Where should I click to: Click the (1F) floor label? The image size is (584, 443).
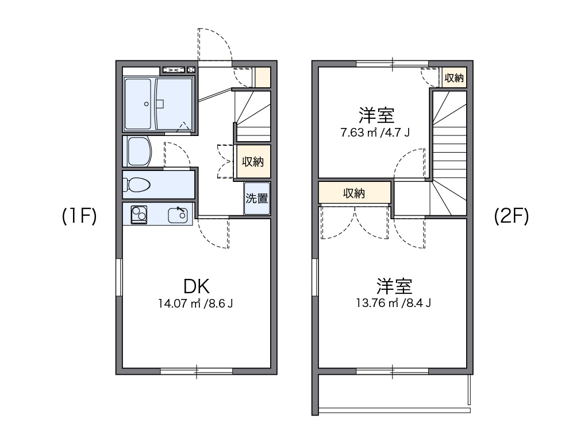pos(79,216)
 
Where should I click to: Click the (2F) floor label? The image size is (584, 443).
pos(512,216)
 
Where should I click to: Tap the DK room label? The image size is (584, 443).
pos(196,286)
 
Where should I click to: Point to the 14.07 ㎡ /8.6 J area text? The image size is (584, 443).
pos(195,304)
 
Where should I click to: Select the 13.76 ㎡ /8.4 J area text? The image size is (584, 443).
pos(393,303)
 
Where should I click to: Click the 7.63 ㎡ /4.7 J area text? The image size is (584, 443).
pos(375,133)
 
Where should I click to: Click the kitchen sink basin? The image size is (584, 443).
pos(178,215)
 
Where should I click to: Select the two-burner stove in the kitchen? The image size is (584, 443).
pos(139,215)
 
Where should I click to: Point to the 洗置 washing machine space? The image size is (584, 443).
pos(257,198)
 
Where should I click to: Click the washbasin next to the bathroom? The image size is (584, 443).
pos(138,151)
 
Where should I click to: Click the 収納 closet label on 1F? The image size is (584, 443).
pos(253,162)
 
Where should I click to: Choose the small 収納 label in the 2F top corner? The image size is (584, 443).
pos(454,77)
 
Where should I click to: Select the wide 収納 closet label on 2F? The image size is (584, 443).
pos(354,193)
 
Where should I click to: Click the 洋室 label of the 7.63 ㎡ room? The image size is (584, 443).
pos(376,115)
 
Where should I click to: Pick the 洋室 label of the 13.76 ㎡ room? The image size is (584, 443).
pos(394,286)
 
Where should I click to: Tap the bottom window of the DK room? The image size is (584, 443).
pos(197,371)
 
